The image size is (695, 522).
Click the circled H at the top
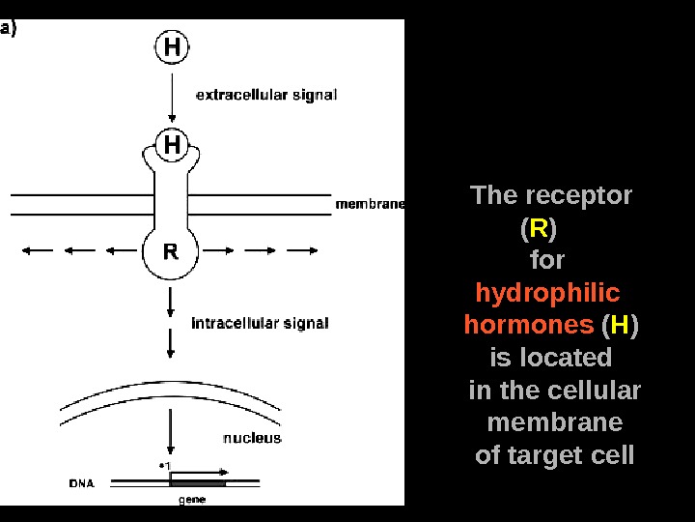[x=171, y=46]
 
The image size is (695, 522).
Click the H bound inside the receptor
[x=171, y=144]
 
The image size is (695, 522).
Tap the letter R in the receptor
[x=170, y=252]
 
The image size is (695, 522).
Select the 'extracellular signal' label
[x=266, y=95]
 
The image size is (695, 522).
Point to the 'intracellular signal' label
[x=260, y=323]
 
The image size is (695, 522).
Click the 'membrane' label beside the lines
[x=369, y=204]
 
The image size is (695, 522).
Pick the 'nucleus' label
[x=252, y=438]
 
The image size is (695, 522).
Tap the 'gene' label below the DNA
[x=191, y=500]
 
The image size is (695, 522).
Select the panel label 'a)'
[x=10, y=29]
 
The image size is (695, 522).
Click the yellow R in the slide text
[x=538, y=229]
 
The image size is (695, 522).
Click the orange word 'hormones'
[x=528, y=325]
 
